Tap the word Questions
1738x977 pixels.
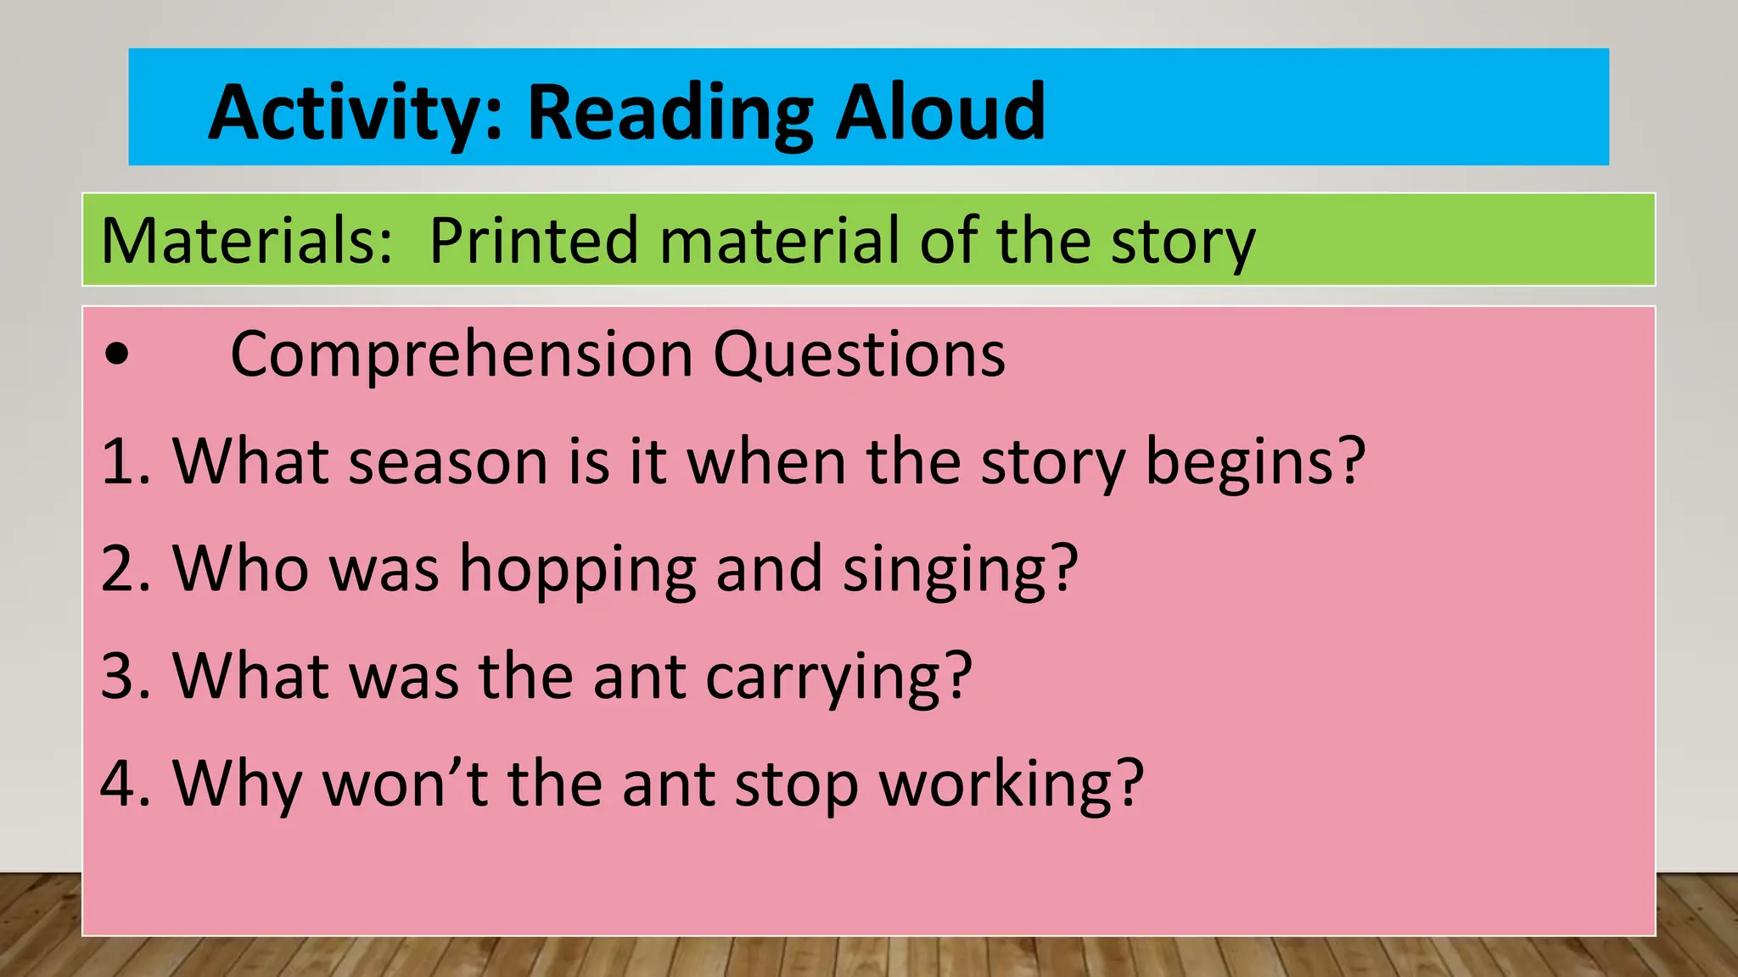click(x=859, y=355)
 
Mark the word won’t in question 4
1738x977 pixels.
click(x=405, y=784)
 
